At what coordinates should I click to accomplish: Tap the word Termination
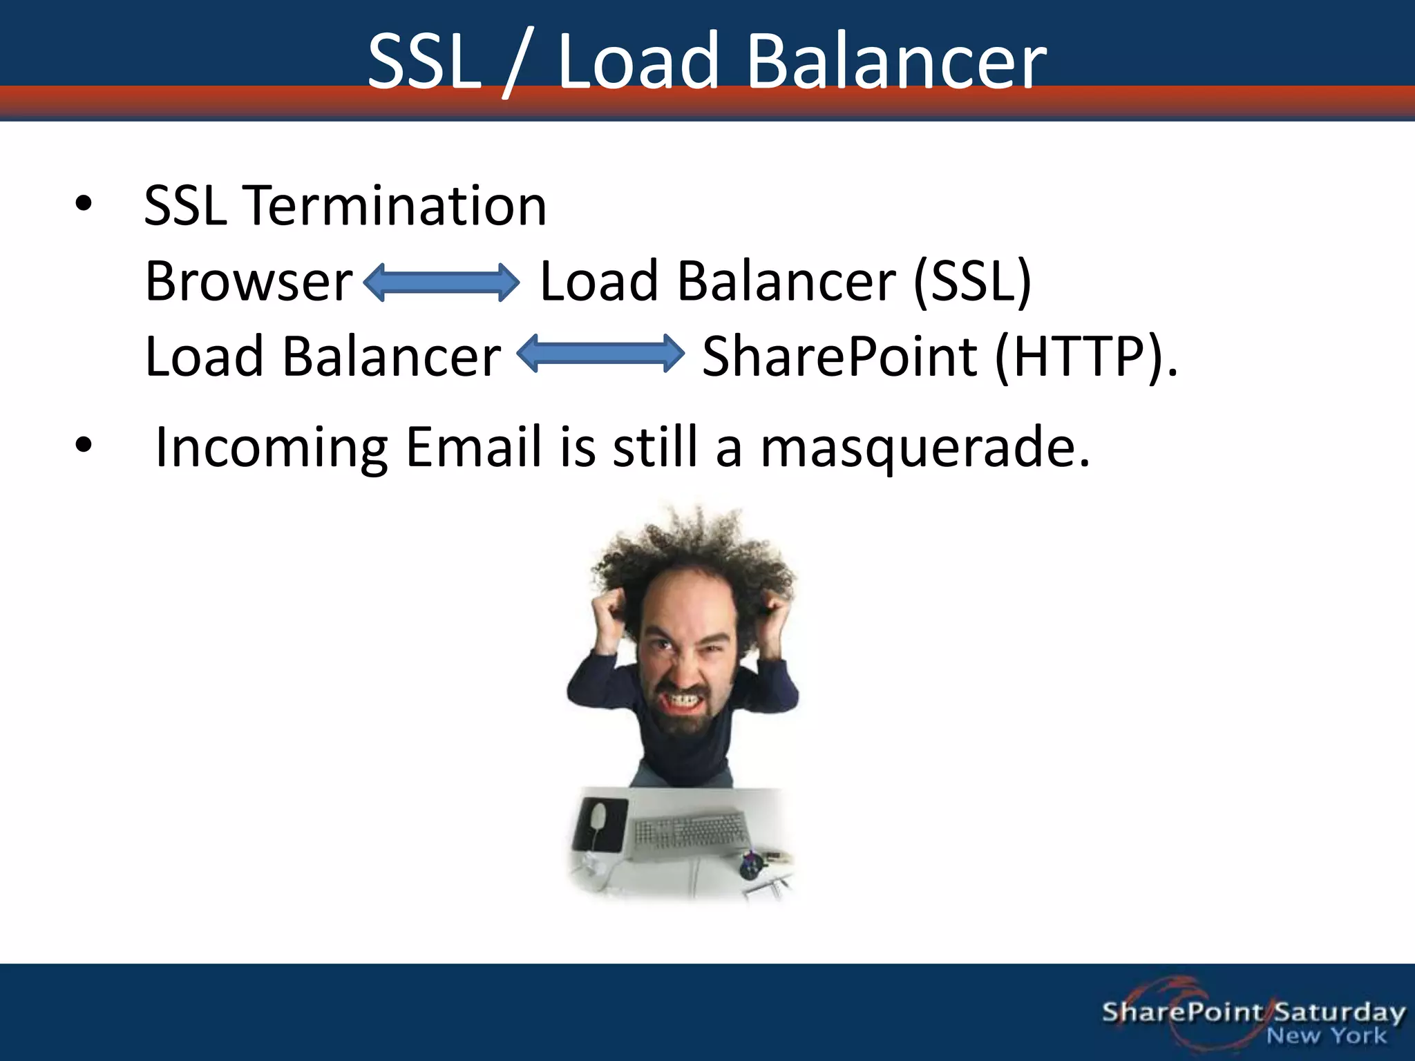396,206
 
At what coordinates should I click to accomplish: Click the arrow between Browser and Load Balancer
441,283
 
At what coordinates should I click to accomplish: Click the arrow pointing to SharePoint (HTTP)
600,353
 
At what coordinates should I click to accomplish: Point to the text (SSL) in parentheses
972,281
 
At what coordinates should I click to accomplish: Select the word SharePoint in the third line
839,356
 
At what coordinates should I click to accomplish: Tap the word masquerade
924,448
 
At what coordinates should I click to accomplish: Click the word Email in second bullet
473,446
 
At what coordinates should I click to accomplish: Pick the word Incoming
271,448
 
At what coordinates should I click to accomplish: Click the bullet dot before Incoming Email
84,446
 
